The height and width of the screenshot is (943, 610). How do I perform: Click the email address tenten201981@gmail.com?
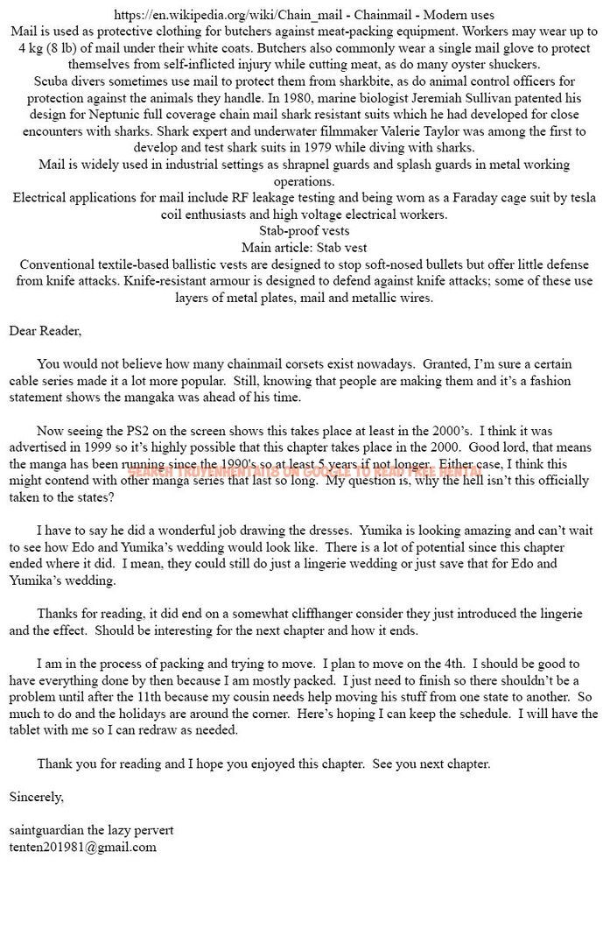point(82,847)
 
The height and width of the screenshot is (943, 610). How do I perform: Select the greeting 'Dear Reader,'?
point(45,331)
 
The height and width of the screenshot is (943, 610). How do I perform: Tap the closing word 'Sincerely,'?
point(36,797)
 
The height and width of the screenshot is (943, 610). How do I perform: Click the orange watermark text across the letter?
point(304,471)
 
